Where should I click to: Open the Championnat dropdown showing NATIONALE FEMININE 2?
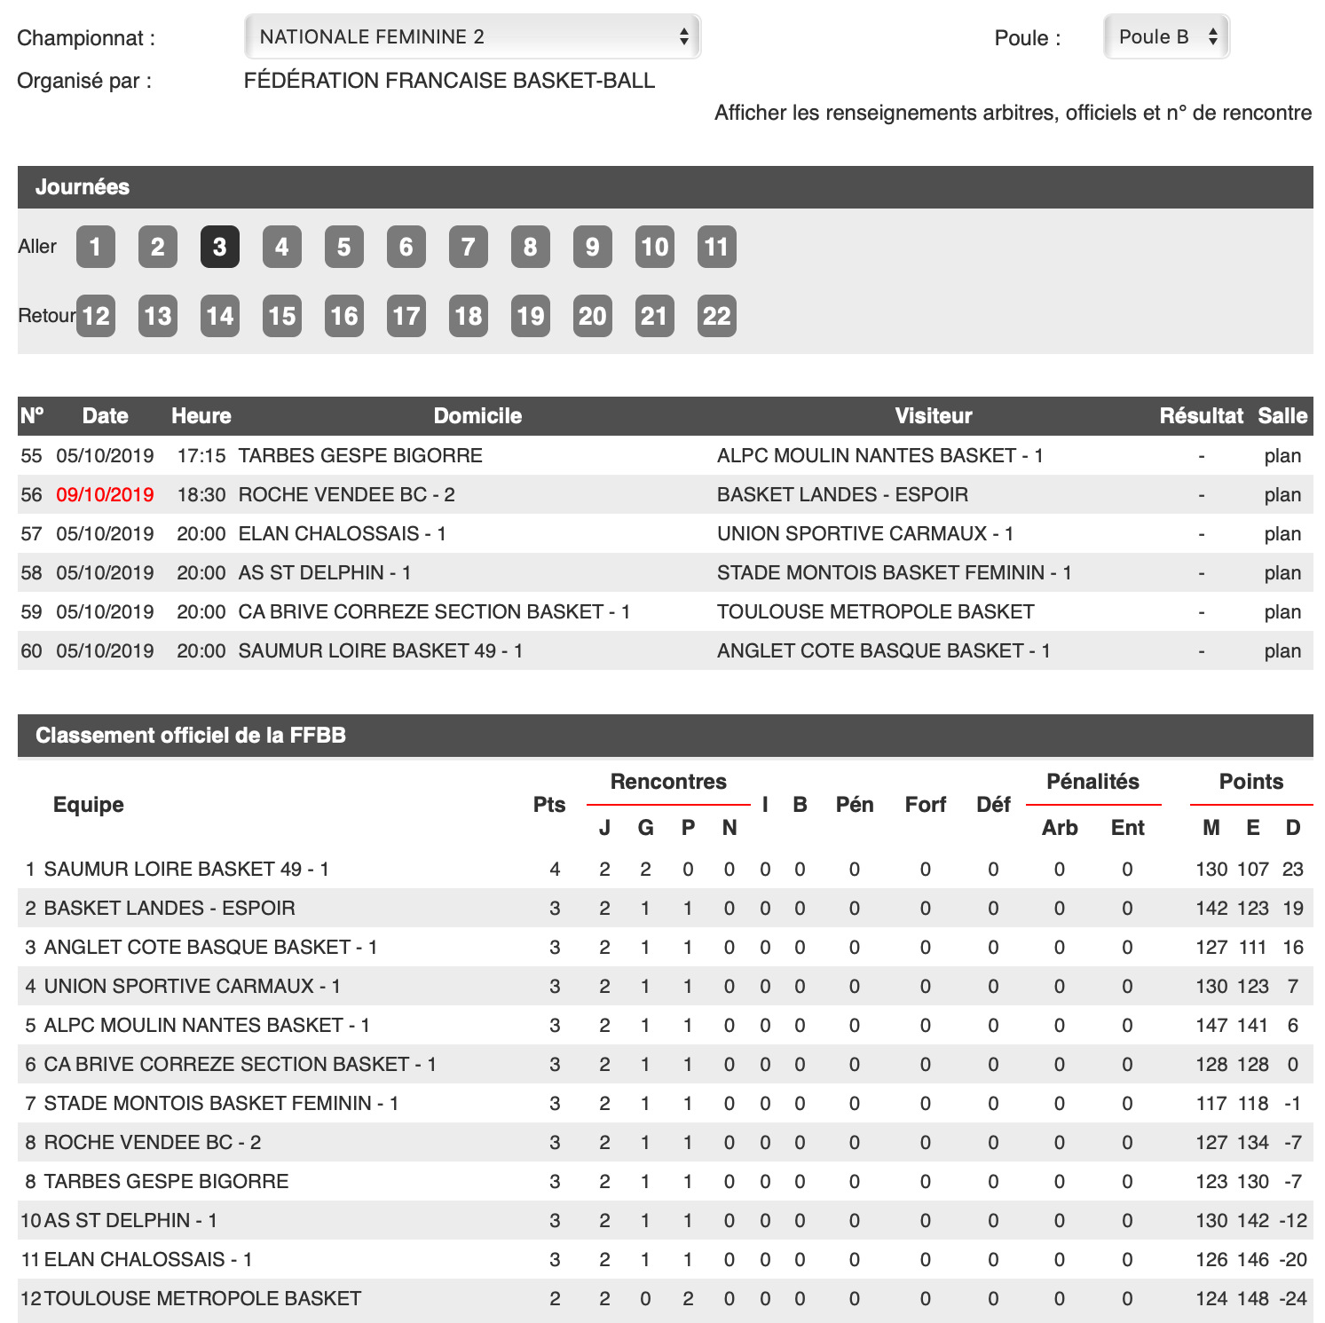[471, 36]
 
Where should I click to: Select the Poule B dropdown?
[1165, 36]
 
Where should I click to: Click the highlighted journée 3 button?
[219, 247]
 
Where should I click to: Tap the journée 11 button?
[716, 247]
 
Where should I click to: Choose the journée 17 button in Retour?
[406, 316]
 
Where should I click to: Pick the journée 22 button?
[716, 316]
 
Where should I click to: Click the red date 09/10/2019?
[105, 494]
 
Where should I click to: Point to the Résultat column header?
[1201, 416]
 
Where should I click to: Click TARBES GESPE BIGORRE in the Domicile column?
[360, 455]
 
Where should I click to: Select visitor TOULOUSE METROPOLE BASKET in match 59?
[875, 611]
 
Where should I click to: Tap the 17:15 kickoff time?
[201, 455]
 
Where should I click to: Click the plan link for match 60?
[1282, 650]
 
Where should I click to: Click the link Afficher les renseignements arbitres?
[1013, 113]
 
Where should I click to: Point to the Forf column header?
[926, 805]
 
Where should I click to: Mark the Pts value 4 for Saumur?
[555, 869]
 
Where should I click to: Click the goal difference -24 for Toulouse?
[1293, 1298]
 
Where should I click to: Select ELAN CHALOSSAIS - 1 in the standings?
[148, 1259]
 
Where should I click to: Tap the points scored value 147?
[1211, 1025]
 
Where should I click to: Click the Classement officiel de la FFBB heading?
[191, 736]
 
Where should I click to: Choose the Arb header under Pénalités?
[1060, 828]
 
